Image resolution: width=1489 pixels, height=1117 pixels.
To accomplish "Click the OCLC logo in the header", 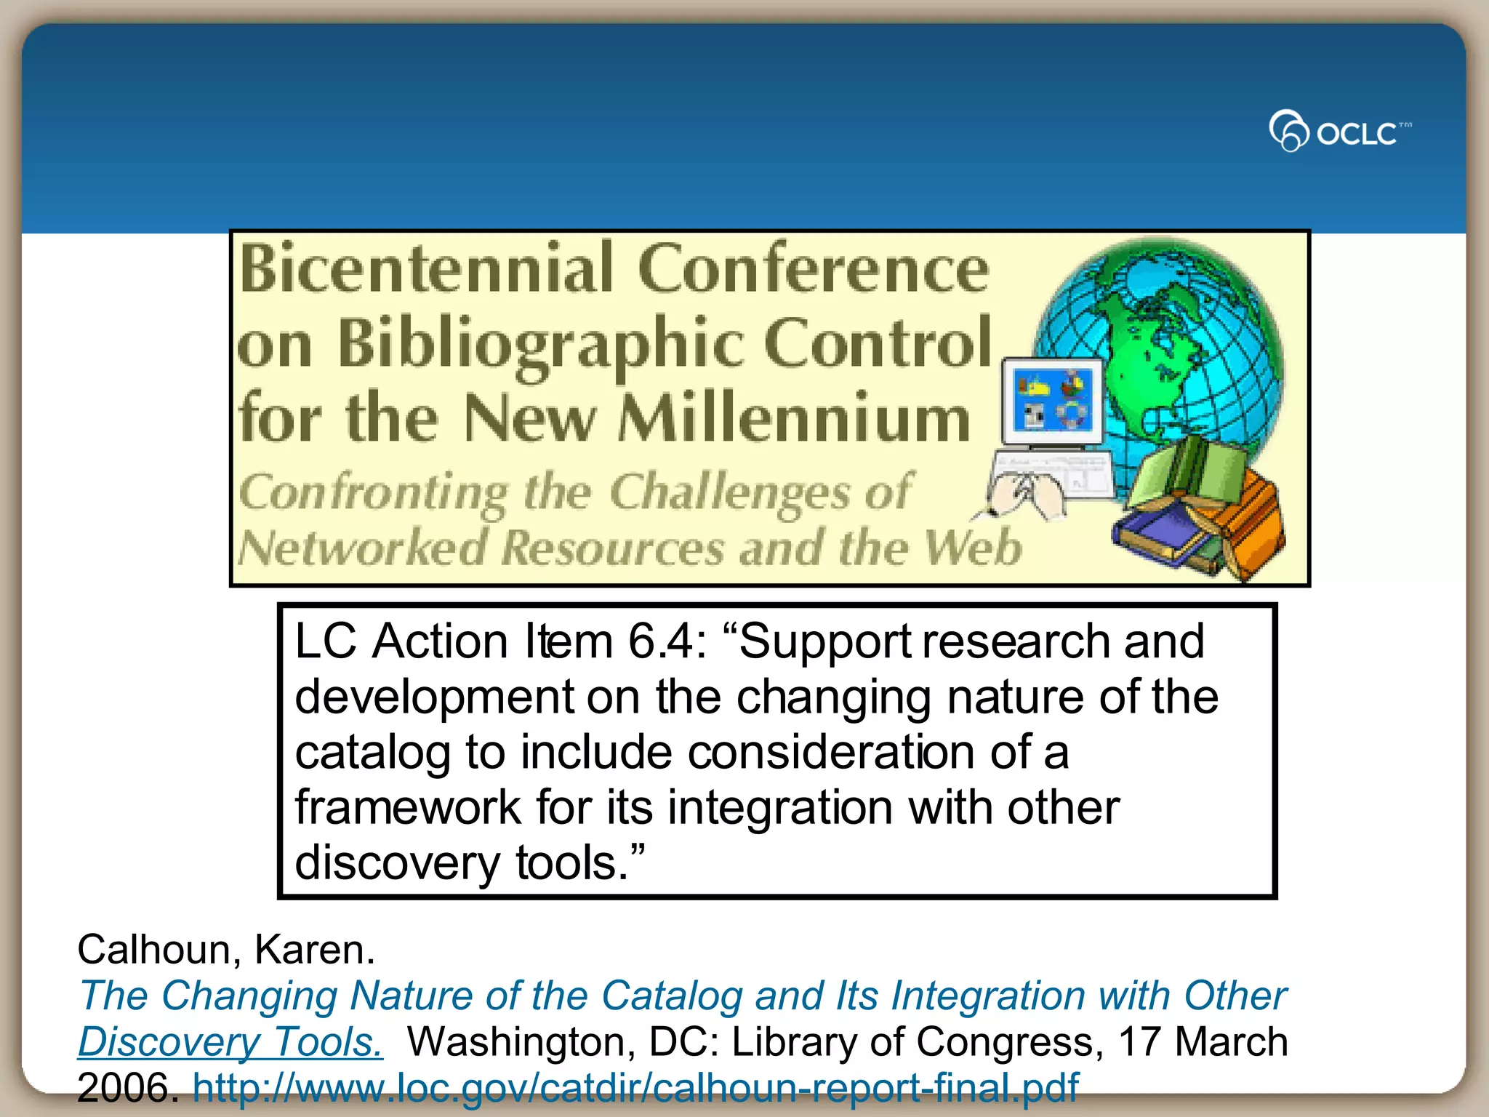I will click(1339, 131).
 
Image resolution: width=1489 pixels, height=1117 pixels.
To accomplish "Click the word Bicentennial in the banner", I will click(427, 269).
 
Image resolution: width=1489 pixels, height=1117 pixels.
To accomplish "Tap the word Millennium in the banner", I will click(794, 419).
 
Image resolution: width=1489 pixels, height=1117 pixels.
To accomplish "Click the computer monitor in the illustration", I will click(1052, 402).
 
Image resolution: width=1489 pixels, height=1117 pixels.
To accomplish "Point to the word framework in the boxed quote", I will click(407, 807).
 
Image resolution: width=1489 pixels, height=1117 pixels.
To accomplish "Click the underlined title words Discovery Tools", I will click(230, 1041).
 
